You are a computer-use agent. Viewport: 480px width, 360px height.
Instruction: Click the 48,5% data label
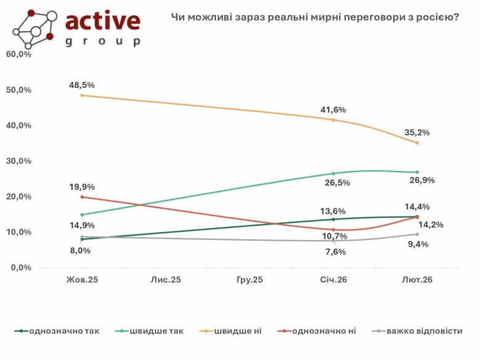82,84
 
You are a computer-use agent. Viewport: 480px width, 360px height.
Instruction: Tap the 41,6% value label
334,110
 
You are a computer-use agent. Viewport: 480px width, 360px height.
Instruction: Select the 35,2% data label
417,132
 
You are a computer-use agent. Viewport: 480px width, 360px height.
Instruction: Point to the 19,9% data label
82,186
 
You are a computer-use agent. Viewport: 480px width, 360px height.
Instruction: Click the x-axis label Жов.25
82,279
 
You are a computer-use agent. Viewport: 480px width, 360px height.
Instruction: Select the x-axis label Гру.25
249,279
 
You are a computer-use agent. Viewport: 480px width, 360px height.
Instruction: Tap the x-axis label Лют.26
417,279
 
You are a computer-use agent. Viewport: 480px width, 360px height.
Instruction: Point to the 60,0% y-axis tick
18,54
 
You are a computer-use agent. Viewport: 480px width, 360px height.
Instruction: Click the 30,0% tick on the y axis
18,161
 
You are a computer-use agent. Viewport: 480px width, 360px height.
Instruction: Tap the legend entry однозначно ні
324,331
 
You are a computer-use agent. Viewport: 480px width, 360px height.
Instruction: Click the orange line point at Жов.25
82,95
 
